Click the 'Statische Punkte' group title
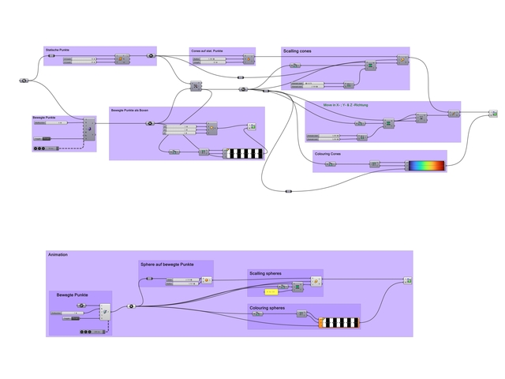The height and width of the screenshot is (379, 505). click(x=58, y=50)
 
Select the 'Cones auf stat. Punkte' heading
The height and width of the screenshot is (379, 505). click(x=207, y=51)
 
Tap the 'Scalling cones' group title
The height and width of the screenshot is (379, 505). click(x=297, y=51)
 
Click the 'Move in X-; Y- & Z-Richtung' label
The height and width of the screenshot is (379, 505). click(x=346, y=104)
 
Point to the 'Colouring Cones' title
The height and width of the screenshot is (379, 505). click(x=327, y=154)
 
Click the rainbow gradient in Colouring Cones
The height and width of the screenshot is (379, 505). click(x=426, y=166)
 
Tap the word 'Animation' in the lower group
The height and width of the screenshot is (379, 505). click(x=58, y=255)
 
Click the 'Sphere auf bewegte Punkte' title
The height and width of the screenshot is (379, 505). click(x=166, y=265)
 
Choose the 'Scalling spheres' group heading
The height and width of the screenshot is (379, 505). click(x=265, y=273)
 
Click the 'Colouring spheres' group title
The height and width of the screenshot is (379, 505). click(x=267, y=308)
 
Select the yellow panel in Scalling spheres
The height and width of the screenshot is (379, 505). click(x=271, y=292)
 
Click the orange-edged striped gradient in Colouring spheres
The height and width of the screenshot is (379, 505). click(x=339, y=322)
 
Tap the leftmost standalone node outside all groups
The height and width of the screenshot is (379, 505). click(x=24, y=81)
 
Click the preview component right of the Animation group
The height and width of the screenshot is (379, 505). click(x=408, y=280)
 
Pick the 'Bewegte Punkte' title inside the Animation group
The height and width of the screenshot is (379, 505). click(x=72, y=295)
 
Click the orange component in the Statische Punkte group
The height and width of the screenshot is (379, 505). click(x=122, y=59)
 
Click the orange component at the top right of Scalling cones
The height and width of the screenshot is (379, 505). click(x=400, y=59)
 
